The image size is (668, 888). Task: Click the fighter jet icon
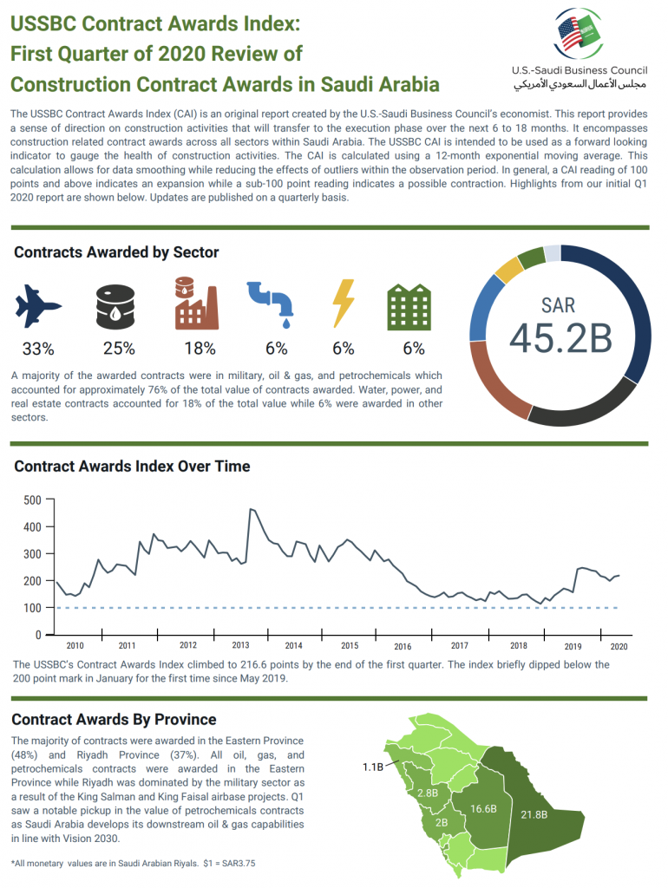click(x=38, y=304)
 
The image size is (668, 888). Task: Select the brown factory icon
click(x=195, y=303)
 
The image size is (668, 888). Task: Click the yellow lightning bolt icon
click(x=344, y=303)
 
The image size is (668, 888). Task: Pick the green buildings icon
click(x=409, y=305)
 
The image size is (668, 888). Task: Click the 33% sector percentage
click(x=38, y=349)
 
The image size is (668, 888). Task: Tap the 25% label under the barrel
click(x=119, y=349)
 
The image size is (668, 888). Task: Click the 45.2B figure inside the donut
click(x=560, y=337)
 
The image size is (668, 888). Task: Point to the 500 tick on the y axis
click(x=33, y=499)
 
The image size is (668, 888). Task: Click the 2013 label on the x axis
click(x=240, y=646)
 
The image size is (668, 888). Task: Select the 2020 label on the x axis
click(x=619, y=646)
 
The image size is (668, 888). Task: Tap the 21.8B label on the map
click(x=534, y=815)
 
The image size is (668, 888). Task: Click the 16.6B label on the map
click(x=482, y=808)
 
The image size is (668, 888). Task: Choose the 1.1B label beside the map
click(x=374, y=767)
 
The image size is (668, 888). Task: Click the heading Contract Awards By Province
click(x=114, y=720)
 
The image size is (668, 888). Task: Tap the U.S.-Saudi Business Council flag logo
click(x=580, y=33)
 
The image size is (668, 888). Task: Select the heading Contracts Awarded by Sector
click(x=116, y=252)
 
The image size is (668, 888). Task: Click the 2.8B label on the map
click(x=427, y=793)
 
